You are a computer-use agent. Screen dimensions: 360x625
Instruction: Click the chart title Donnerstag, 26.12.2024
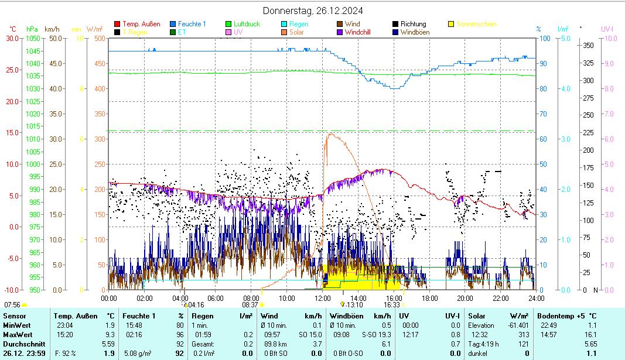[308, 11]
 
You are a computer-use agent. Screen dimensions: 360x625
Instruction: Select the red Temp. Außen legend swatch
[118, 24]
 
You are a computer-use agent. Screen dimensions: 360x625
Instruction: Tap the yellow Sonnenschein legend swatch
[451, 24]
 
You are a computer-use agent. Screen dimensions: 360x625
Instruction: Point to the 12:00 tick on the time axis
[322, 298]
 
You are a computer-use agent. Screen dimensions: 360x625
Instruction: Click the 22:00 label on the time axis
[500, 298]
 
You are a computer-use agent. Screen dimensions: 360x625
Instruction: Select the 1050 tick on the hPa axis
[33, 38]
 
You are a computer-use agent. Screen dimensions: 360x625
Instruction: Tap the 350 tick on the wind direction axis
[589, 45]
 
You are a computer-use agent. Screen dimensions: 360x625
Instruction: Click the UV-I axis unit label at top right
[607, 29]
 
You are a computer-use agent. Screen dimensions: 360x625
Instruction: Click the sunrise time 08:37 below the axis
[250, 305]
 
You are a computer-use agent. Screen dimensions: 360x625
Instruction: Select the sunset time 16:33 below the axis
[392, 305]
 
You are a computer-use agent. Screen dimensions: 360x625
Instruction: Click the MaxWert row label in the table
[17, 335]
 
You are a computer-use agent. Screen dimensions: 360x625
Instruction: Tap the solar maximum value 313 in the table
[524, 335]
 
